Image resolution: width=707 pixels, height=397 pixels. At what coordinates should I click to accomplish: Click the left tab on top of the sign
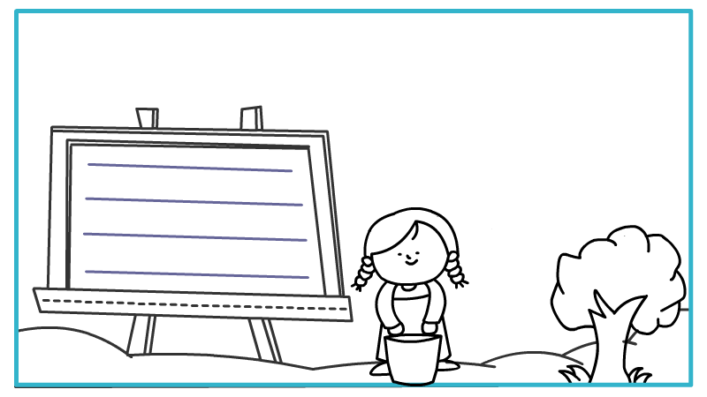tap(147, 118)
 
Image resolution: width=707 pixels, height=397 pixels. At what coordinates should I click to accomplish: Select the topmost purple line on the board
tap(189, 168)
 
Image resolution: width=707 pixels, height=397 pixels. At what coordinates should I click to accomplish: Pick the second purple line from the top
tap(194, 202)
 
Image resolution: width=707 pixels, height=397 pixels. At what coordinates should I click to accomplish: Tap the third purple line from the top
tap(194, 236)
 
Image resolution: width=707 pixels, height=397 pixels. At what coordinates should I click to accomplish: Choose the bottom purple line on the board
tap(196, 274)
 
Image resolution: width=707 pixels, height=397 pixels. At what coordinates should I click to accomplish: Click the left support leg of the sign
tap(140, 335)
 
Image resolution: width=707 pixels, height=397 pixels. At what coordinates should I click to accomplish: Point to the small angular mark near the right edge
tap(631, 338)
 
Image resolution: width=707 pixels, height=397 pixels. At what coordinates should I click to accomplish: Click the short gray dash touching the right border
tap(684, 310)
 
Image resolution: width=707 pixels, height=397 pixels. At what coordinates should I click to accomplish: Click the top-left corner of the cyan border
tap(17, 11)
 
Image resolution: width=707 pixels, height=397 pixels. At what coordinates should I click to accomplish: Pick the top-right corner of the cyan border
tap(690, 11)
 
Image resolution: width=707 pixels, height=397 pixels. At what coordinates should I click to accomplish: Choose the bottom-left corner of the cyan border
tap(17, 384)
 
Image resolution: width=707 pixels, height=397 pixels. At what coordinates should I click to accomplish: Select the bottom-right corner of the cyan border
tap(690, 384)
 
